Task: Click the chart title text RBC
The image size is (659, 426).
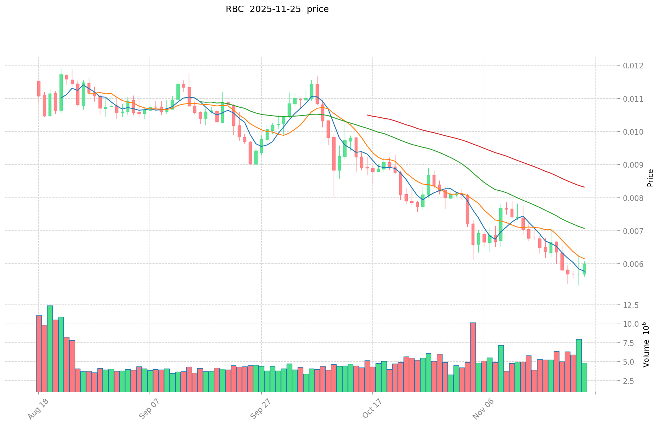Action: click(235, 9)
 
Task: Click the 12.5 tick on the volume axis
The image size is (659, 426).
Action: click(631, 305)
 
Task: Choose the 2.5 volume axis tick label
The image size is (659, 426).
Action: click(633, 381)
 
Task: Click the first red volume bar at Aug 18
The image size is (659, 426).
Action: click(39, 353)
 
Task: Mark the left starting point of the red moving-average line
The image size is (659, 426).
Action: click(367, 115)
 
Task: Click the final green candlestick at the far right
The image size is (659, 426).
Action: click(584, 269)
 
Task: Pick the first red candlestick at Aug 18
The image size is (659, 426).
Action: click(39, 88)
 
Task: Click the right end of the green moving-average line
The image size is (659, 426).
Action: click(584, 228)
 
